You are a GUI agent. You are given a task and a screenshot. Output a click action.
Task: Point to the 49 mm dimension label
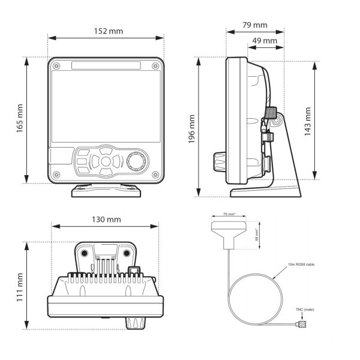pos(264,41)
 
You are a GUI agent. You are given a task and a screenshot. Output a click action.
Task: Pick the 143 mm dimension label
pos(307,122)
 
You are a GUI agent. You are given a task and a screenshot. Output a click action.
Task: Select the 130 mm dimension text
pos(106,219)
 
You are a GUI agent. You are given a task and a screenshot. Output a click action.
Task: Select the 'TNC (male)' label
pos(304,310)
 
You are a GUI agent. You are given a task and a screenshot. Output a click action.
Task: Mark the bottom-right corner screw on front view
pos(155,175)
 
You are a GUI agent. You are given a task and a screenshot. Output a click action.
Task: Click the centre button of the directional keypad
pos(106,161)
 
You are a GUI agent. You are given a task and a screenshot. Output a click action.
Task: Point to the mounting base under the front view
pos(106,191)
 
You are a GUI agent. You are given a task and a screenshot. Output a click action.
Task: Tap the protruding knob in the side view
pos(218,161)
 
